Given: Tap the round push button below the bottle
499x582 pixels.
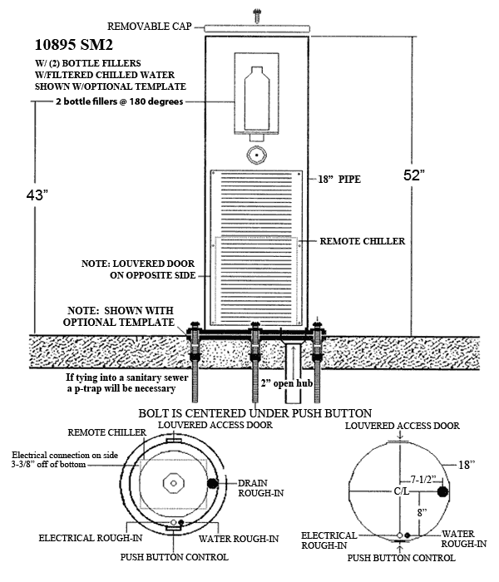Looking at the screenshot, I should tap(257, 154).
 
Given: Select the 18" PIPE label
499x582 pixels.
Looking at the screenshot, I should tap(338, 180).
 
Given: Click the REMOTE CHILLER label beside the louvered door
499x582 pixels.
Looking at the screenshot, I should tap(363, 241).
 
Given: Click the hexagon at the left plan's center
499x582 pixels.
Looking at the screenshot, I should tap(173, 481).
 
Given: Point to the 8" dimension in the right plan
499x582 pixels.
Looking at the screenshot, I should tap(422, 512).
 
